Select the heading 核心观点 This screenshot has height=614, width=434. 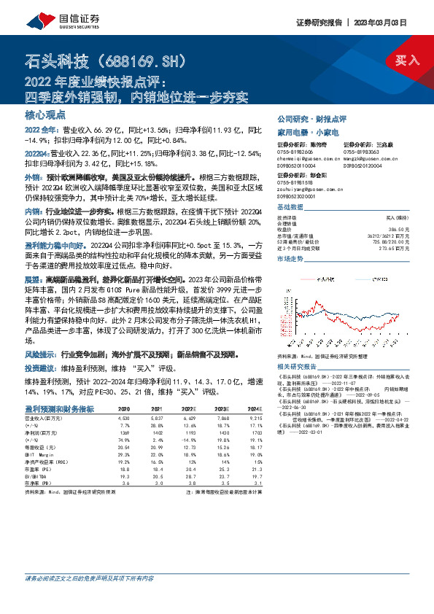coord(45,115)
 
